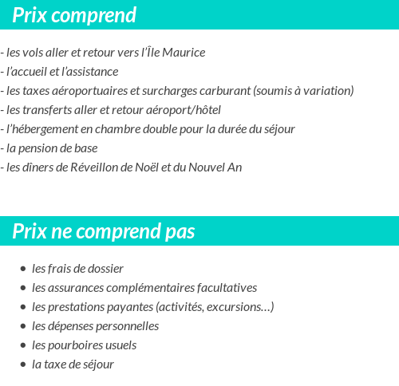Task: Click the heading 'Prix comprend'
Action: click(x=74, y=15)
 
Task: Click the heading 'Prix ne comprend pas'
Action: click(x=104, y=232)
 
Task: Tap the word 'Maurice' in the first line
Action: click(x=184, y=53)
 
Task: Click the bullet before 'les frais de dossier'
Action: click(x=23, y=269)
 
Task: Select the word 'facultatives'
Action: click(x=223, y=288)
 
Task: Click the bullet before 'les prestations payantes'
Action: click(x=23, y=307)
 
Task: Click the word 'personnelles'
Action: click(x=126, y=326)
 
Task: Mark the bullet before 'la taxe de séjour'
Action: click(x=23, y=364)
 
